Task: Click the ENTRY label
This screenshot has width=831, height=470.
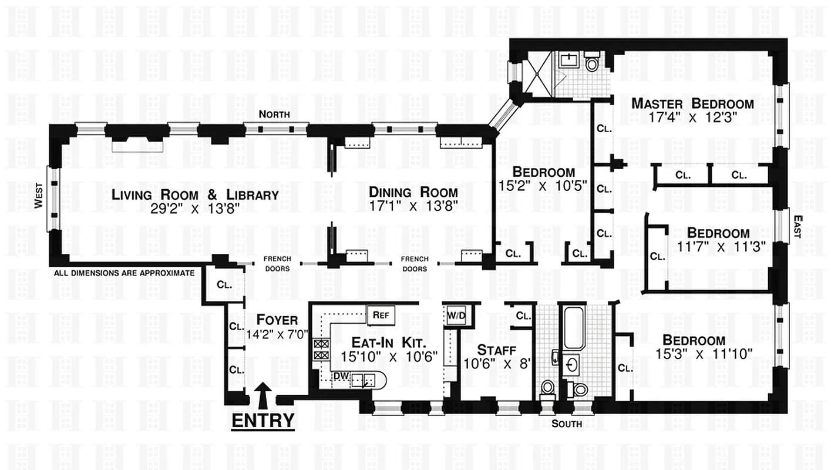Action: [263, 421]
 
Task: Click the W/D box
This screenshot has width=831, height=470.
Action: [456, 315]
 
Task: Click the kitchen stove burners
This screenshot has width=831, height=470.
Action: [322, 350]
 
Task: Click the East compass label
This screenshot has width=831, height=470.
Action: [797, 226]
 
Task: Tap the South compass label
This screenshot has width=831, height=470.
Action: [567, 424]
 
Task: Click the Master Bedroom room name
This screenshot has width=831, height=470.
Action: [692, 104]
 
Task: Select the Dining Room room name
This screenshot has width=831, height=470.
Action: [413, 192]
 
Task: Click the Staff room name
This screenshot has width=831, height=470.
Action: [496, 350]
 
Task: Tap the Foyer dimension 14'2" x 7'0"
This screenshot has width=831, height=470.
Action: [277, 335]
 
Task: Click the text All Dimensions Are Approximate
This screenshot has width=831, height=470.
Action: [124, 273]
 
